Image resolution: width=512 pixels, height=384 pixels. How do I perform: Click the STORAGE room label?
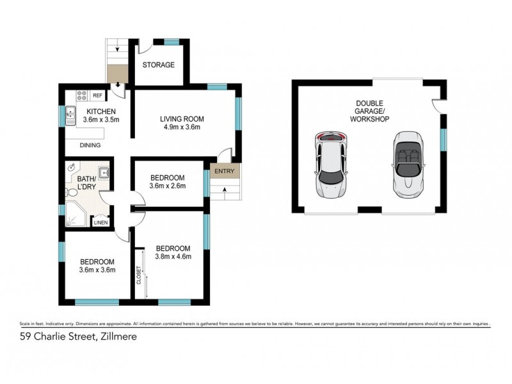click(x=159, y=65)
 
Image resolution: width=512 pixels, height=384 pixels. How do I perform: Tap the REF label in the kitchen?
click(x=98, y=95)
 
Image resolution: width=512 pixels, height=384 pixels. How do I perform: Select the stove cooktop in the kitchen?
click(x=82, y=95)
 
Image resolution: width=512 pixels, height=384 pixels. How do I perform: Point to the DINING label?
click(x=90, y=145)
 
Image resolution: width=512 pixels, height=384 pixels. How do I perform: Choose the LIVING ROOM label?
click(x=181, y=118)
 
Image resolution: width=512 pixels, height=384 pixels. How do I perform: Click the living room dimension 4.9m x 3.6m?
click(x=181, y=127)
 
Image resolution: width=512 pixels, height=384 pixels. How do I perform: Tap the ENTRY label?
click(x=224, y=171)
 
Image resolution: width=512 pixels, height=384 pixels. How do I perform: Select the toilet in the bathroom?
click(x=72, y=190)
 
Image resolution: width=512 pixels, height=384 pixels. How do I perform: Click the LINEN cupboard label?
click(x=100, y=223)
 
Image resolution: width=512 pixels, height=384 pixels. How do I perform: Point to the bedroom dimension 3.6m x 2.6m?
click(x=168, y=186)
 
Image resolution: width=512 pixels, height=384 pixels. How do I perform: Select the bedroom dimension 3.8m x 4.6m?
click(x=173, y=257)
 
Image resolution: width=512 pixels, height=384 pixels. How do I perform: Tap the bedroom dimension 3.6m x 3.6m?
click(x=97, y=270)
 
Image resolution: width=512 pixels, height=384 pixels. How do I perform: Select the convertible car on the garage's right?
click(x=408, y=164)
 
